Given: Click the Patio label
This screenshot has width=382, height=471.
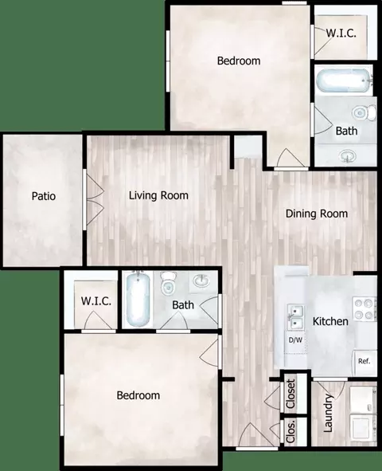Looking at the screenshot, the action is tap(44, 196).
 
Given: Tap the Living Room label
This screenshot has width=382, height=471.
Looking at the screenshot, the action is tap(158, 195).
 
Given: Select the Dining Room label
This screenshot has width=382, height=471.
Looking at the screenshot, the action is tap(317, 214).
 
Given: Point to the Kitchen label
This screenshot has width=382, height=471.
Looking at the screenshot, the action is tap(330, 321).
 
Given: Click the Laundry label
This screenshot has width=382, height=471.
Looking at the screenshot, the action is tap(328, 413).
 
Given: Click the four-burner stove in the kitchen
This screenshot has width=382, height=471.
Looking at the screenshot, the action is tap(364, 308).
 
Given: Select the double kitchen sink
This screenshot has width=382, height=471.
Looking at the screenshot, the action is tap(295, 317).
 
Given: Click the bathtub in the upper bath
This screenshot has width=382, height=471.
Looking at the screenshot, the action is tap(345, 80).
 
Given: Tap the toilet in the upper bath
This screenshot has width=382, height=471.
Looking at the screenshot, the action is tap(364, 112).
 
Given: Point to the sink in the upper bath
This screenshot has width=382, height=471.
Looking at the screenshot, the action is tap(348, 156).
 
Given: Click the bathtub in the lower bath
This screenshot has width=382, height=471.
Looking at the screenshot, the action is tap(138, 299).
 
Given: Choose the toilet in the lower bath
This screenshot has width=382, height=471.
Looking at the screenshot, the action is tap(168, 283).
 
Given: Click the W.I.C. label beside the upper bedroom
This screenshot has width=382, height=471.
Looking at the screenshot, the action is tap(341, 33).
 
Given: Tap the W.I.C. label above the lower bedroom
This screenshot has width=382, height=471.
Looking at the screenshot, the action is tap(96, 301).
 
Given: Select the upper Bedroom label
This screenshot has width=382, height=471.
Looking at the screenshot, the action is tap(239, 61).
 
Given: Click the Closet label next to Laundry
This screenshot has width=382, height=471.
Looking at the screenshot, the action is tap(290, 394).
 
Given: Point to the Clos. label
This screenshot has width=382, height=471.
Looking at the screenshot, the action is tap(290, 431).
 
